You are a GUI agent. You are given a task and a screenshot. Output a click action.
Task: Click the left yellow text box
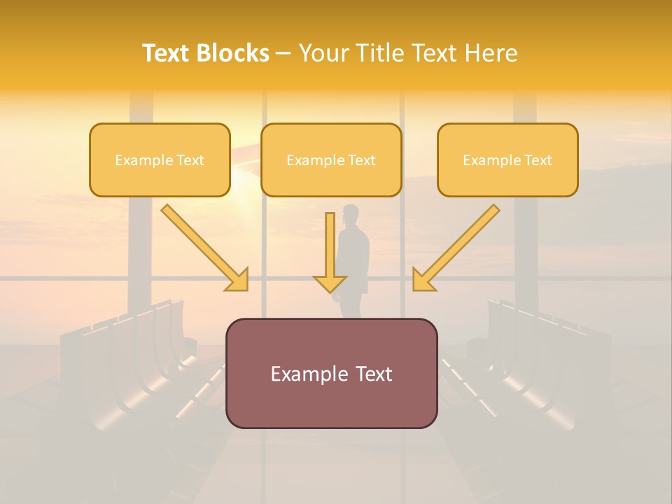tap(160, 160)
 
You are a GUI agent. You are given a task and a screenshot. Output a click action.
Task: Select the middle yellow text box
tap(331, 160)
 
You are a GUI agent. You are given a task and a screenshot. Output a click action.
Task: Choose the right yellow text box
tap(507, 160)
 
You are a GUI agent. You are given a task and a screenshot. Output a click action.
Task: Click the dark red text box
tap(331, 373)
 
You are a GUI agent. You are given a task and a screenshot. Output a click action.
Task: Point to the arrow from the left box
tap(203, 246)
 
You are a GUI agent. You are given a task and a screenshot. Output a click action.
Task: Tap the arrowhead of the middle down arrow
tap(330, 283)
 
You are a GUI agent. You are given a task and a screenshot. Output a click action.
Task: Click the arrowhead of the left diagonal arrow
tap(238, 280)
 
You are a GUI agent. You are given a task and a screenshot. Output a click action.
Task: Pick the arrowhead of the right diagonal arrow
tap(422, 280)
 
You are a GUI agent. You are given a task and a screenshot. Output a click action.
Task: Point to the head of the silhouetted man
tap(351, 213)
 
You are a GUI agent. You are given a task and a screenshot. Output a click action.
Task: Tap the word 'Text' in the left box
tap(190, 160)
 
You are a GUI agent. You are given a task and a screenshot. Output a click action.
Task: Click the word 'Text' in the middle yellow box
tap(362, 160)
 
